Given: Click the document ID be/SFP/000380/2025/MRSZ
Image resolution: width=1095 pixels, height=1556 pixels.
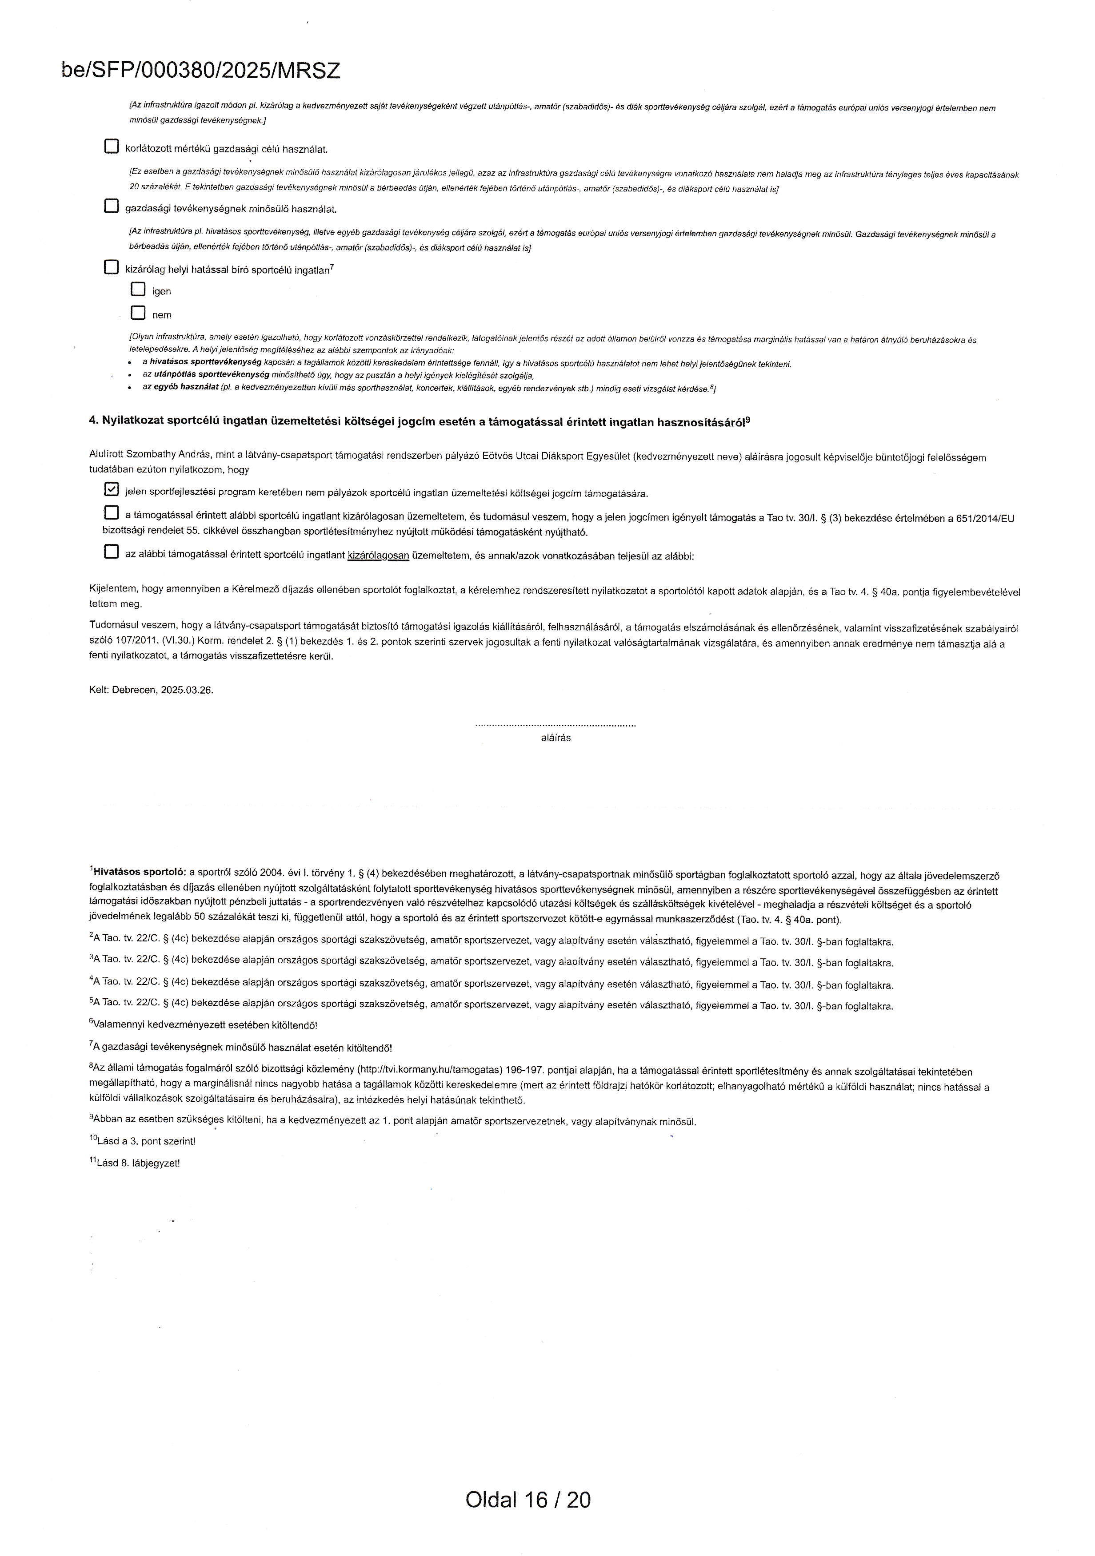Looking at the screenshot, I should point(201,71).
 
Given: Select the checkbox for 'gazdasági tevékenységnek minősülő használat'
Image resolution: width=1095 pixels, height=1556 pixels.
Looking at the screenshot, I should point(111,206).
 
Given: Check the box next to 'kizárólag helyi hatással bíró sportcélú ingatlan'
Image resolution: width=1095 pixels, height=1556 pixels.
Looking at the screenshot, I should point(111,267).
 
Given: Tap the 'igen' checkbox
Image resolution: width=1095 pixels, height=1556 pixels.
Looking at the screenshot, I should point(138,290).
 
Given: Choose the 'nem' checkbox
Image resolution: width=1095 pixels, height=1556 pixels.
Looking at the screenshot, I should point(138,313).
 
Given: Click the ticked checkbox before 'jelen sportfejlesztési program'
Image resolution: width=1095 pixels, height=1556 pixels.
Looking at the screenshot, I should point(111,489).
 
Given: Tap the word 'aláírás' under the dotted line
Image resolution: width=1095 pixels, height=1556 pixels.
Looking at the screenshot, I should point(555,738).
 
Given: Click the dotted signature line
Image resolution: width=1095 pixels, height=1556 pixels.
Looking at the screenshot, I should point(555,726).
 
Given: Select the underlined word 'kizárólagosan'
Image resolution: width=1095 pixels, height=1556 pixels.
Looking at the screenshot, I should point(378,556).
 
